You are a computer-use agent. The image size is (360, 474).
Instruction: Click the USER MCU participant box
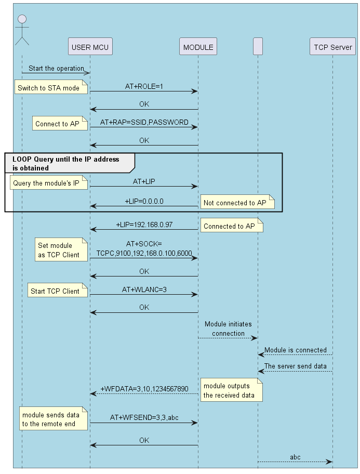click(x=90, y=47)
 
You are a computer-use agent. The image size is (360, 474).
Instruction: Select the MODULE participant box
click(x=198, y=47)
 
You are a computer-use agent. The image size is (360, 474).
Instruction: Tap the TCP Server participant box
click(x=332, y=47)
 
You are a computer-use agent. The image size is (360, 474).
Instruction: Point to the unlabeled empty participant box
click(x=258, y=47)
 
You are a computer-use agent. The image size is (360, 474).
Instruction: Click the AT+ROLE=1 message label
click(x=144, y=86)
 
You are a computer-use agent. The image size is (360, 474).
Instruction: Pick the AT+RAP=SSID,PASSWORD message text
click(x=144, y=122)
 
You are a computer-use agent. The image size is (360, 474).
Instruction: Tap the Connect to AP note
click(x=58, y=124)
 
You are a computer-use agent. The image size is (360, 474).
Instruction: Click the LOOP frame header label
click(x=65, y=163)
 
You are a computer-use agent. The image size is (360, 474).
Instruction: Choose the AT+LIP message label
click(x=144, y=181)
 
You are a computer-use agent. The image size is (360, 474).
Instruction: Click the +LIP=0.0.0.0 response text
click(x=144, y=201)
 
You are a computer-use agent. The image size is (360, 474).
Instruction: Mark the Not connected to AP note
click(x=237, y=203)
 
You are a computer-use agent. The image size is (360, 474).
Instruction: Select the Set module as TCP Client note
click(x=58, y=250)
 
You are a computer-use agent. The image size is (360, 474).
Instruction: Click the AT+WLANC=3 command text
click(x=144, y=289)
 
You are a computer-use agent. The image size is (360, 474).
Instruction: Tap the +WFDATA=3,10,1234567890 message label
click(x=144, y=388)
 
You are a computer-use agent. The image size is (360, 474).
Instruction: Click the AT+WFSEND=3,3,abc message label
click(x=144, y=417)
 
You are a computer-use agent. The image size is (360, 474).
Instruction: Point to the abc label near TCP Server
click(x=295, y=457)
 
